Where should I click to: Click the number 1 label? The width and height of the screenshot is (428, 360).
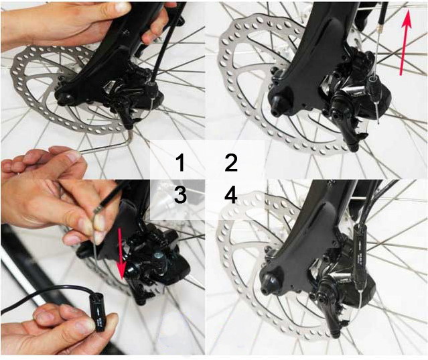point(179,163)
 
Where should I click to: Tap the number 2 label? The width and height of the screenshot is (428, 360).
point(231,163)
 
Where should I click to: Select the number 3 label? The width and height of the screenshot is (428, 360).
point(180,195)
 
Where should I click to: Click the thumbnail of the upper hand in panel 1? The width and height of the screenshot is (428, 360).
point(121,7)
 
